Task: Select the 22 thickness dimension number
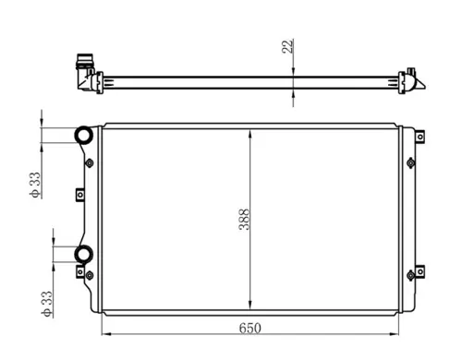pos(287,45)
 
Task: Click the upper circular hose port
pos(83,136)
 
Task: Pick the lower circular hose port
pos(83,254)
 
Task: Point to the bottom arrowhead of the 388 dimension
pos(251,306)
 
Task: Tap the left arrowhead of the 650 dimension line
pos(103,333)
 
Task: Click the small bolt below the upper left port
pos(89,163)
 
